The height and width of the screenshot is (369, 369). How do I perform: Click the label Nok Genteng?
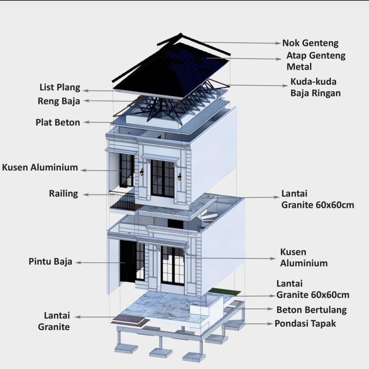310,43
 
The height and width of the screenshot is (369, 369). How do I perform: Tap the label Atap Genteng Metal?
316,61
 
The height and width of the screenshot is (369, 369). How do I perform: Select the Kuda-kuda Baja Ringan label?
315,87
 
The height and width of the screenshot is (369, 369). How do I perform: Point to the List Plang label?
60,87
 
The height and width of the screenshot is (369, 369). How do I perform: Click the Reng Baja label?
59,101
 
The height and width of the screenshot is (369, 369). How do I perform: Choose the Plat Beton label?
58,123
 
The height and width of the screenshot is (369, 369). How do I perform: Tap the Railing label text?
63,194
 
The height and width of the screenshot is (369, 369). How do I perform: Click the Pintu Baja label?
50,262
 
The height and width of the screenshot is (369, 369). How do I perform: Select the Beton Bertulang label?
311,310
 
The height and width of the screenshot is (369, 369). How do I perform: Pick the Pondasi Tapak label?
305,324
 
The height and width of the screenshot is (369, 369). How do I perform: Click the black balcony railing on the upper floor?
123,201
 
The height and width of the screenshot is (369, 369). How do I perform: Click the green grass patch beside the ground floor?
225,292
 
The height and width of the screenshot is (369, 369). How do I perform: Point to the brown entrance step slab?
130,321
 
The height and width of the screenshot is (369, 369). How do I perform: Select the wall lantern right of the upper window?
179,177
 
